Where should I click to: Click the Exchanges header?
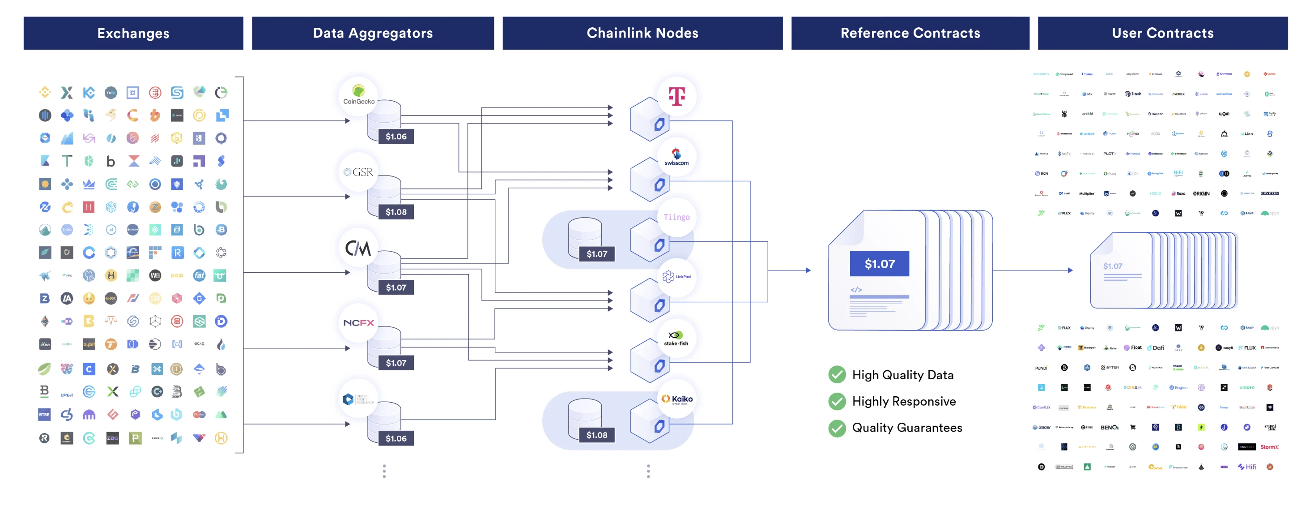pos(133,33)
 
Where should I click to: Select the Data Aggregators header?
pos(373,33)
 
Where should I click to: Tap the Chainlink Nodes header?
pos(642,33)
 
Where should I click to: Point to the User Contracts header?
pos(1162,33)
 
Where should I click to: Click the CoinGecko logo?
pos(358,94)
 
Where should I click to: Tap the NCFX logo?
pos(358,323)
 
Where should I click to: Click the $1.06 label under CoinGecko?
pos(396,137)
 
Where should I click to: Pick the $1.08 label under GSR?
pos(396,212)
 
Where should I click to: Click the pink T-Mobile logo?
pos(676,96)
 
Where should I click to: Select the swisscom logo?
pos(676,157)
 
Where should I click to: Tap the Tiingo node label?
pos(676,217)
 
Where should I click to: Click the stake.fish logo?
pos(676,338)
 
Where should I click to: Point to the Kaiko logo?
pos(677,399)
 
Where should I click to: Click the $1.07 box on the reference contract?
pos(879,264)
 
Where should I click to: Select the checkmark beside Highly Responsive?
pos(837,401)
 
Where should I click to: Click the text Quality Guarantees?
pos(907,428)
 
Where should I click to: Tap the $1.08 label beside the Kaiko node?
pos(596,435)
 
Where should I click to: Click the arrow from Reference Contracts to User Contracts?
pos(1032,270)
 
